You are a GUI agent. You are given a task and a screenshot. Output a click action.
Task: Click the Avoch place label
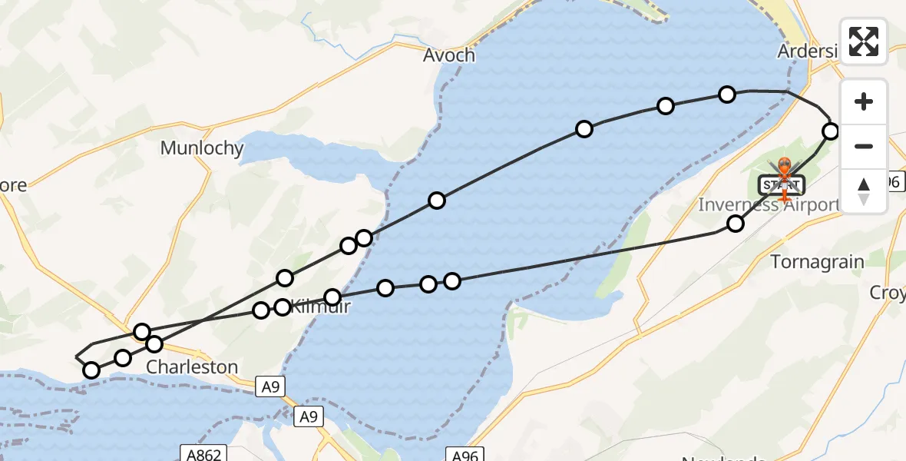(449, 55)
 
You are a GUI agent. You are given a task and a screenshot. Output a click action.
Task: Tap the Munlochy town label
(202, 148)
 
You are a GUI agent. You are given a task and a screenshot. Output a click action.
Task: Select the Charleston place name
(192, 366)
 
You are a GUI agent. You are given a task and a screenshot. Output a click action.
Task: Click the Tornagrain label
(817, 262)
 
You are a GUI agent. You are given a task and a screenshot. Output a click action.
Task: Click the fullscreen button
(864, 41)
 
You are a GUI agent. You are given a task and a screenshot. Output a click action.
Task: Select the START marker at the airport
(782, 184)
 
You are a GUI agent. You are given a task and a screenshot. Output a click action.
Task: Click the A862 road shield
(202, 454)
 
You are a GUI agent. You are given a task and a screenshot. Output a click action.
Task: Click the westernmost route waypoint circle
(91, 370)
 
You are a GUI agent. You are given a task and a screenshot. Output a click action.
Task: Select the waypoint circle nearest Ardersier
(830, 131)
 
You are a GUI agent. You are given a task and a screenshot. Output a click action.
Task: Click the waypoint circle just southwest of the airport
(736, 224)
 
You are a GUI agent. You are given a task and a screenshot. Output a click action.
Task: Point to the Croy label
(888, 293)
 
